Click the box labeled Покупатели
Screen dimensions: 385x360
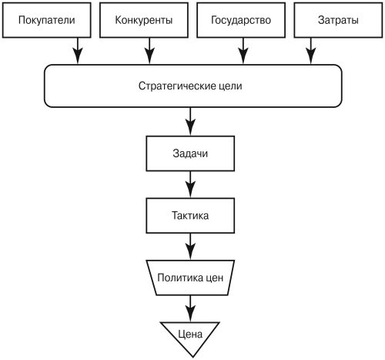[46, 20]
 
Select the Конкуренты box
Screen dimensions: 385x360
[144, 20]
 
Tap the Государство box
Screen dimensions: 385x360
[241, 20]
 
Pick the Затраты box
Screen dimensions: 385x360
[338, 20]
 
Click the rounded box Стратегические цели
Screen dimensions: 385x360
[192, 86]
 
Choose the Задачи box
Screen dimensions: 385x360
[190, 153]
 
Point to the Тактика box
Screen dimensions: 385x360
[190, 216]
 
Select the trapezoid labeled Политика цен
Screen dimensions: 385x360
[190, 278]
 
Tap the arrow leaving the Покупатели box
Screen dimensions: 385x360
[78, 51]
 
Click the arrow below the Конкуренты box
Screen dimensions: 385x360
[149, 51]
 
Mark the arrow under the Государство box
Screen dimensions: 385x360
[243, 51]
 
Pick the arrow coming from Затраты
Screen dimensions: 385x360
[311, 51]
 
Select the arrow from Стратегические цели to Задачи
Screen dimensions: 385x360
[190, 122]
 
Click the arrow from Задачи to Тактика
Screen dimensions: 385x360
[190, 184]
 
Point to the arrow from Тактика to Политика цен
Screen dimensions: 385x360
[190, 247]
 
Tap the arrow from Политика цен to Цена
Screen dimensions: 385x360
[190, 308]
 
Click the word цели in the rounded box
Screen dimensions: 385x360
[230, 86]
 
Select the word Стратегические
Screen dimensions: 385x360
[177, 86]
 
